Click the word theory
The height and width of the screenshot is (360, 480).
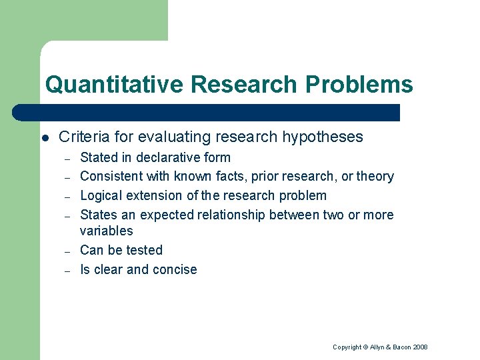pos(375,177)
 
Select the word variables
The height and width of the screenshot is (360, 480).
pos(106,231)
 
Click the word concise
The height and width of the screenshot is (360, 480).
pos(175,270)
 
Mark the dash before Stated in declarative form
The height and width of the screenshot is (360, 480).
pos(67,159)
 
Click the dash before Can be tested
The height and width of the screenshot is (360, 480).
pos(67,251)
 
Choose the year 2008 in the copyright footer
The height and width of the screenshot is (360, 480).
pos(420,347)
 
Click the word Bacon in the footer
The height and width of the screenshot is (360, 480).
pos(401,347)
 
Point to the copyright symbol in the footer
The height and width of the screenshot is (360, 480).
pos(366,347)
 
